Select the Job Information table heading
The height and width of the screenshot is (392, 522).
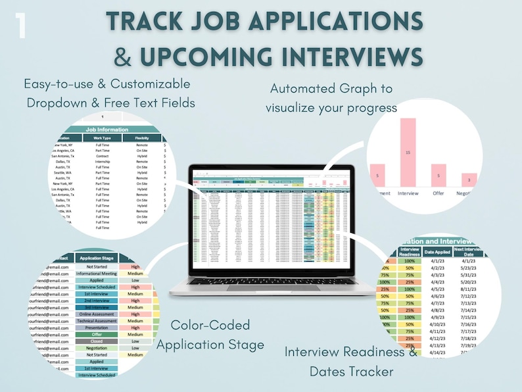click(107, 130)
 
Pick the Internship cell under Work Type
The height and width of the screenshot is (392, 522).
click(103, 161)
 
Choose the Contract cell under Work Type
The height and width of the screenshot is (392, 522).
click(103, 155)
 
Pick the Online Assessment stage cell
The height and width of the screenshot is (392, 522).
click(97, 314)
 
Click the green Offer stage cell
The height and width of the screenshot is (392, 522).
click(97, 334)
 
